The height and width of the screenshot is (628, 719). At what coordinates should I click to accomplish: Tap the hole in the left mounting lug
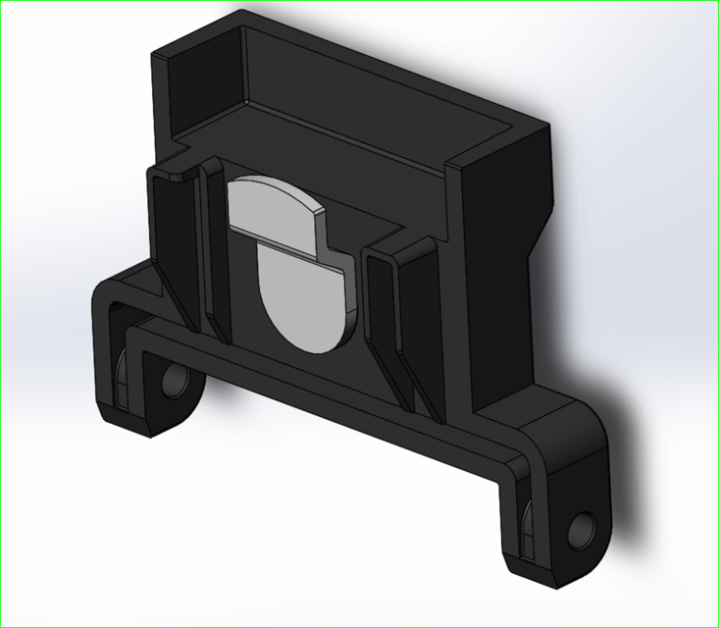coord(177,381)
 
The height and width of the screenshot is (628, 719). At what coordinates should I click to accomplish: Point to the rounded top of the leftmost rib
coord(168,174)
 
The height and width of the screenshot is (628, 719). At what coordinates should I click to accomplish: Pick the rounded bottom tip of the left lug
coord(147,427)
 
